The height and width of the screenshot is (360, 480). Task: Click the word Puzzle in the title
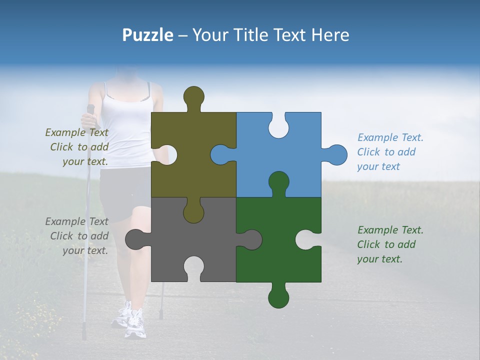[x=147, y=35]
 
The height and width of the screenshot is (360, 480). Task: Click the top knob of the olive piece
[x=193, y=96]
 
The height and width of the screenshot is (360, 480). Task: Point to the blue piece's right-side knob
[x=336, y=154]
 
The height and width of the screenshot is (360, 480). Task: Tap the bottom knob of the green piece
[x=278, y=297]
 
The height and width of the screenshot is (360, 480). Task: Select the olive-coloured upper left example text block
[x=77, y=147]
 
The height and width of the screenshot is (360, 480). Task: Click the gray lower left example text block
[x=77, y=236]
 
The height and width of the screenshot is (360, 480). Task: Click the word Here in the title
[x=329, y=35]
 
